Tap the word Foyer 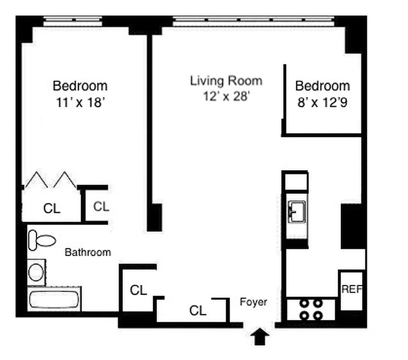253,302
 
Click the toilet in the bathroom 41,239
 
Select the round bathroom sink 36,272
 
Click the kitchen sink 297,211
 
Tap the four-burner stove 311,309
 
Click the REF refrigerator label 352,289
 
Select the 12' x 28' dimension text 226,97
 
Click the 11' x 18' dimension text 80,102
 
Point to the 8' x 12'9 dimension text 322,102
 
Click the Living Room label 226,81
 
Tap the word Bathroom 88,252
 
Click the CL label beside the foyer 198,310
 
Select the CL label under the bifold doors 52,208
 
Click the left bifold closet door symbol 36,180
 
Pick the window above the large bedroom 73,21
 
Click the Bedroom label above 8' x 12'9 322,85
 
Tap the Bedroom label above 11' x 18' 80,85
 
